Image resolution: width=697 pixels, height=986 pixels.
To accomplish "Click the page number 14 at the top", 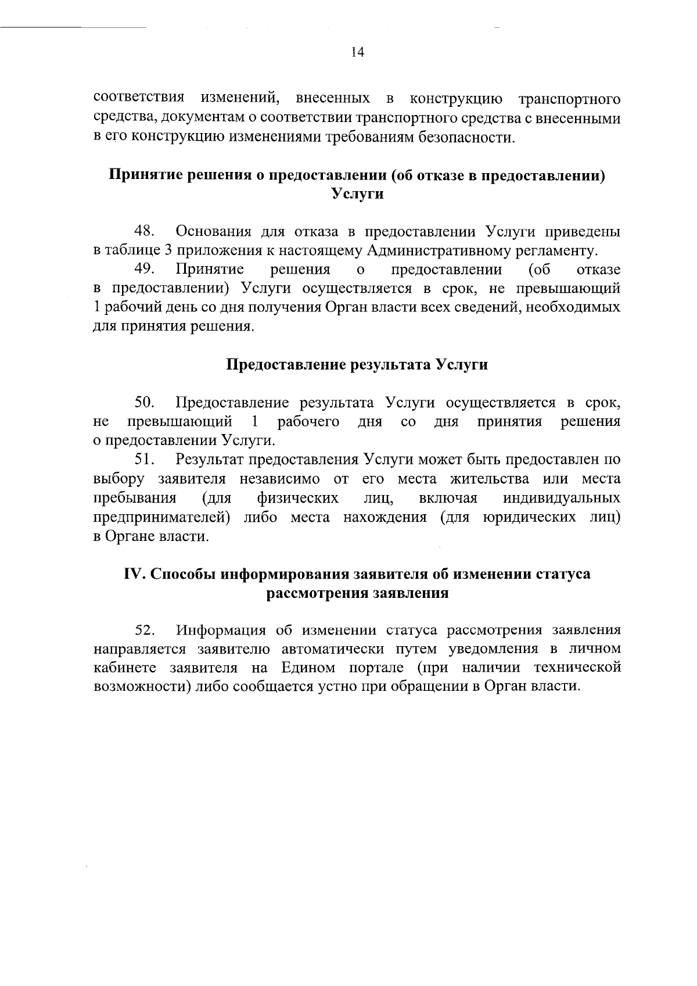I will pos(357,53).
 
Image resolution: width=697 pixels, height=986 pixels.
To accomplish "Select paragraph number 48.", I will pos(144,231).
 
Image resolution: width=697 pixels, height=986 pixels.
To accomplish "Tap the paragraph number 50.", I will pos(144,402).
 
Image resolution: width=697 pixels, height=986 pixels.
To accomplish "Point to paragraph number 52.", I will pos(144,630).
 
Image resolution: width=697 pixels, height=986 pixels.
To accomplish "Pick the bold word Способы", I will pos(185,574).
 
